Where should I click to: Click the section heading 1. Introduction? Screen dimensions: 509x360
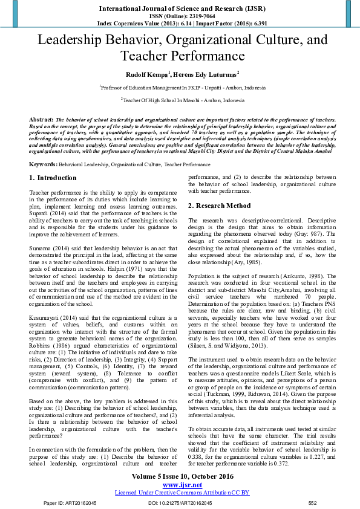click(x=53, y=178)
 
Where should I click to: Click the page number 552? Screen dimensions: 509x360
click(x=312, y=503)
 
